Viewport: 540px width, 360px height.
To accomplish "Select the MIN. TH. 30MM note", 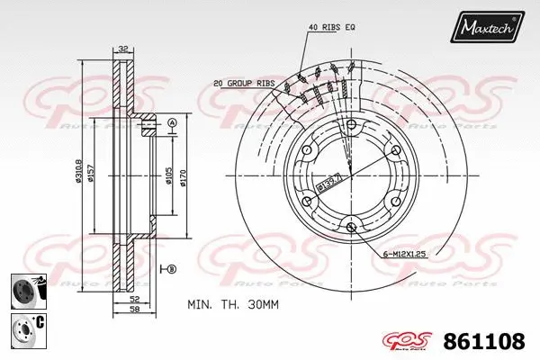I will [232, 305].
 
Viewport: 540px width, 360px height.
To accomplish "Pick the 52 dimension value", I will [134, 299].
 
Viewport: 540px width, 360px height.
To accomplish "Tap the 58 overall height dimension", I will [134, 310].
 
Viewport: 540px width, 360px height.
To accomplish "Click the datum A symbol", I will [172, 122].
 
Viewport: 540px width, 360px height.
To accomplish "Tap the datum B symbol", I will [172, 269].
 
